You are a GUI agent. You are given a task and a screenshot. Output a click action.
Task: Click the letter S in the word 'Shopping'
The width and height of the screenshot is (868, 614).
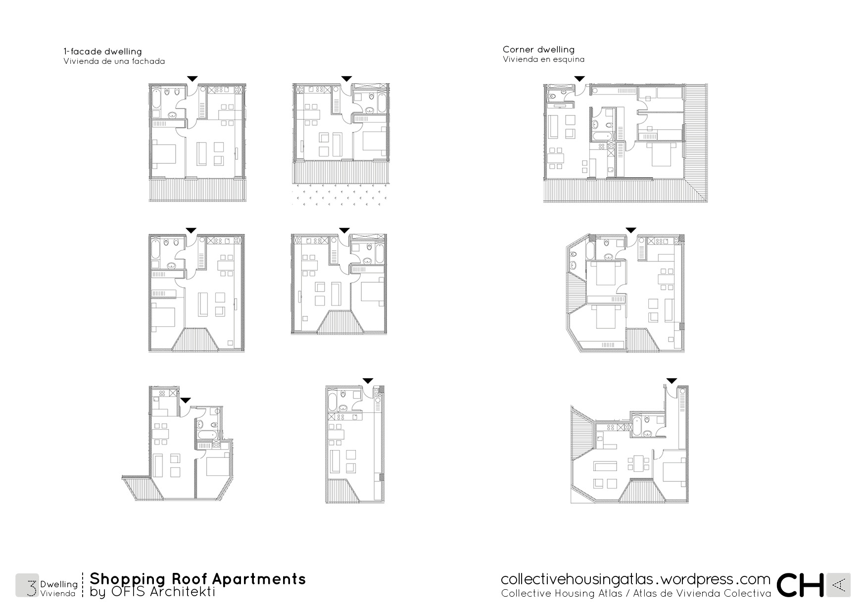point(96,579)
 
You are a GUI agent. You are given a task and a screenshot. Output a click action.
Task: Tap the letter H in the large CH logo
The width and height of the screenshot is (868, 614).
point(811,585)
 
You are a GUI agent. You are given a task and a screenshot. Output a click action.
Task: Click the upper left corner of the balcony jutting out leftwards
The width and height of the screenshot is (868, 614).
point(122,477)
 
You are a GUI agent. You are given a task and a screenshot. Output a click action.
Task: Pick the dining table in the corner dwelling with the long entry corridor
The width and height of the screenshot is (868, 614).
point(638,464)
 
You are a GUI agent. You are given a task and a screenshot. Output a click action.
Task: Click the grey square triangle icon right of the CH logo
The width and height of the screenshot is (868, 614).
point(838,585)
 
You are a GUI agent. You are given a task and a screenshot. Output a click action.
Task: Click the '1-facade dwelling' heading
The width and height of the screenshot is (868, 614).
point(102,51)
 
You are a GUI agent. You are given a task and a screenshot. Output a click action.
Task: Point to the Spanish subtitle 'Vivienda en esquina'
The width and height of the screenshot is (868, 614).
point(543,59)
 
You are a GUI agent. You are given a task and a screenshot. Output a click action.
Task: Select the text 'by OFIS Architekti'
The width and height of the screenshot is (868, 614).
point(152,592)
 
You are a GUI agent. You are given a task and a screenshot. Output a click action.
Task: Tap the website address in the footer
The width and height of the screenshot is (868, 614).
point(635,579)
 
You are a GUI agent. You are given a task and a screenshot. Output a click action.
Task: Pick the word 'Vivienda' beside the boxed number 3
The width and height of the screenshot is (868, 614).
point(58,593)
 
